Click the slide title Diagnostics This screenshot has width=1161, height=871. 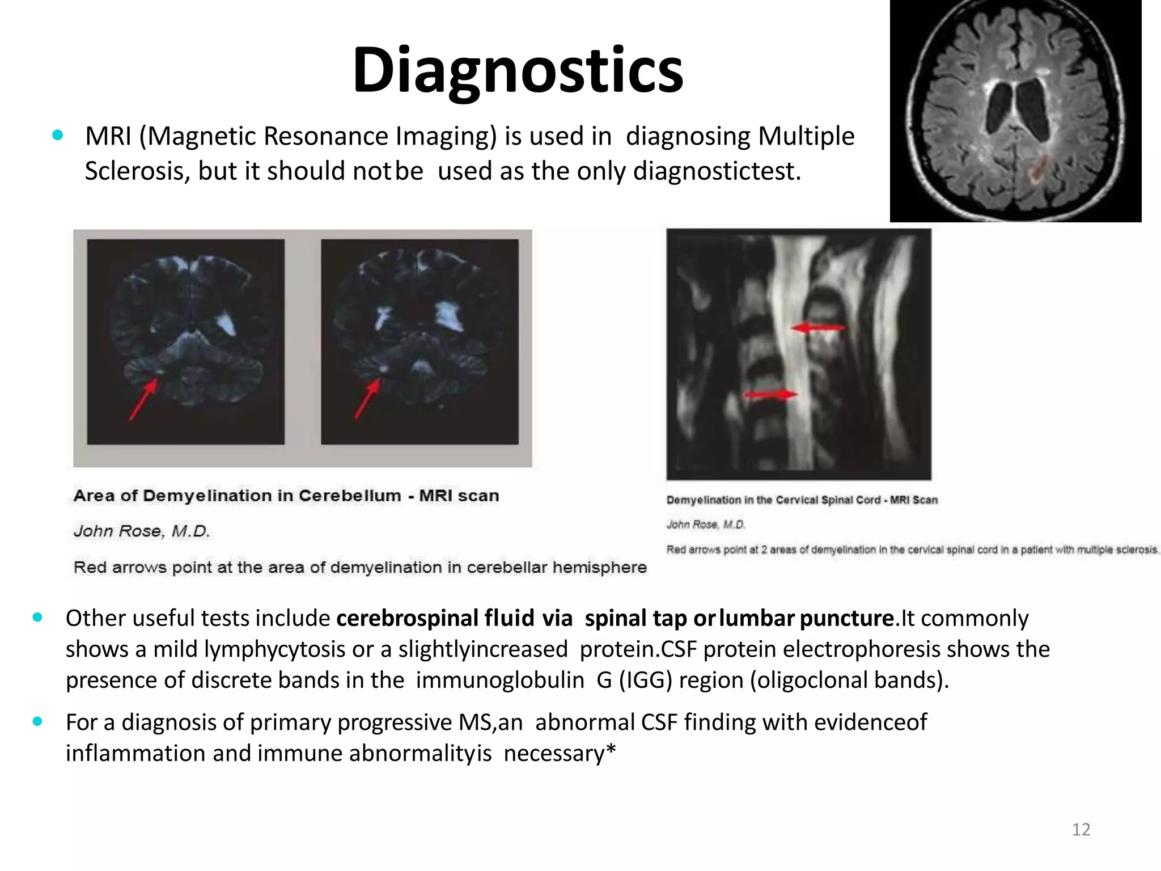518,70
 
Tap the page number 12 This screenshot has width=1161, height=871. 1081,830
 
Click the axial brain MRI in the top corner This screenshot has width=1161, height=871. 1015,111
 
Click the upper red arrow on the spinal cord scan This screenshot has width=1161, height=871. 818,328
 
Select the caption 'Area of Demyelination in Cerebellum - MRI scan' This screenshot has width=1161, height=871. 286,496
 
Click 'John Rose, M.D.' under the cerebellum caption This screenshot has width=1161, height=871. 142,531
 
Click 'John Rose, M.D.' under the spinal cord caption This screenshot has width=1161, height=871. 705,525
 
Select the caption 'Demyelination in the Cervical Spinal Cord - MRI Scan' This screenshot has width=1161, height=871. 802,500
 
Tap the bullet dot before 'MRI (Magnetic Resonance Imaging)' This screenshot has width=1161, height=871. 57,136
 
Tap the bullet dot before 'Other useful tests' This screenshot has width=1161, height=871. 38,618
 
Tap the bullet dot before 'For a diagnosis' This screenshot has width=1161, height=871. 38,722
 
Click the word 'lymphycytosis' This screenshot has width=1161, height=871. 274,649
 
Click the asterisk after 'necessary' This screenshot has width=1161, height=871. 611,751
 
